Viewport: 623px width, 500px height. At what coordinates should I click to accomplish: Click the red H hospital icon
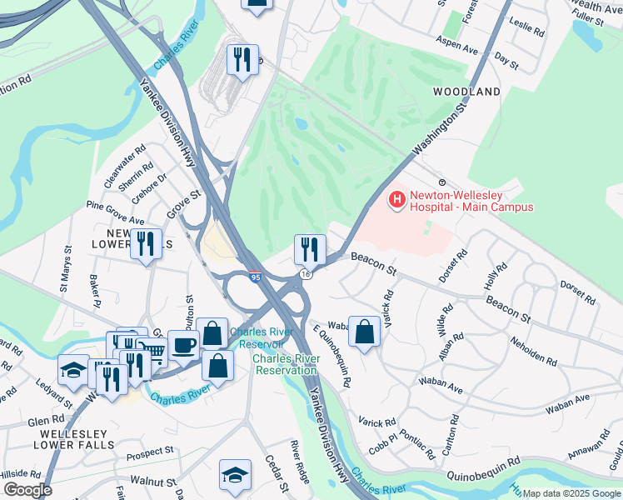tap(397, 200)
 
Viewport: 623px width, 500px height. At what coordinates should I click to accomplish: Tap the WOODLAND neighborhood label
tap(466, 91)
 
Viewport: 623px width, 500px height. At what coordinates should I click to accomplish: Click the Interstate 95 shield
tap(256, 274)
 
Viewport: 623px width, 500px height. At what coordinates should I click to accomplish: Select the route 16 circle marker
tap(307, 274)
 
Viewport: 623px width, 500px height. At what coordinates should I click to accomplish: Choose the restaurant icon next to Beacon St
tap(309, 247)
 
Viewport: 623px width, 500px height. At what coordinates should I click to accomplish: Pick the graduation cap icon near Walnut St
tap(235, 475)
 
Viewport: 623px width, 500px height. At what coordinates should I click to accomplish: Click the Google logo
tap(27, 490)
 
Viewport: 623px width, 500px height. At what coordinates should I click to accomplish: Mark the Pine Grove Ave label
tap(115, 213)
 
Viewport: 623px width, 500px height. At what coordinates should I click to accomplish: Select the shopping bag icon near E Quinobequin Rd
tap(364, 331)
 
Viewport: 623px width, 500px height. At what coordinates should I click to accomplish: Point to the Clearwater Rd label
tap(125, 166)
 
